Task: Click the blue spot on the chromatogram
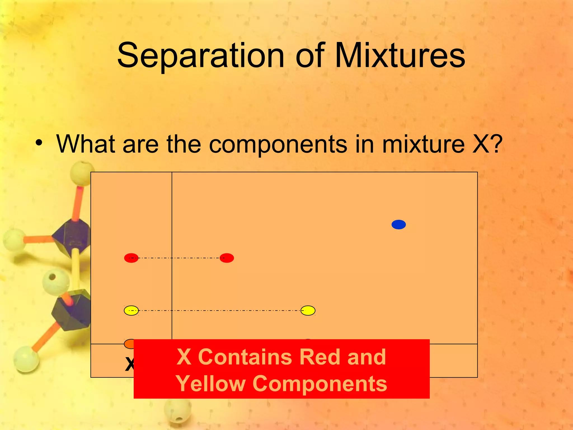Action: [398, 225]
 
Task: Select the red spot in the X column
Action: [131, 258]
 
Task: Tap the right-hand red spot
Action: [227, 258]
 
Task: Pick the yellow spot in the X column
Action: [131, 310]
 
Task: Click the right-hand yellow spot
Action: [308, 310]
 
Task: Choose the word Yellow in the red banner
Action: [210, 384]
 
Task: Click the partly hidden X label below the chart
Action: [129, 364]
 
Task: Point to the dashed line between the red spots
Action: [179, 258]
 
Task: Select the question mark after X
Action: [496, 144]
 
